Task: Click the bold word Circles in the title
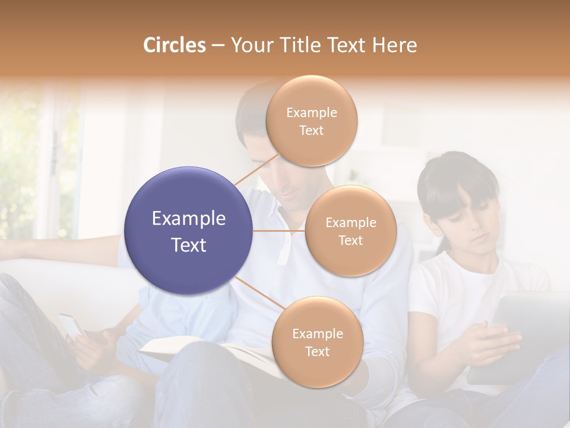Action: pyautogui.click(x=174, y=45)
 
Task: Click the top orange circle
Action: pyautogui.click(x=311, y=121)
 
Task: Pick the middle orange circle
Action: pyautogui.click(x=350, y=231)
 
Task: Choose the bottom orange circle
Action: pyautogui.click(x=317, y=342)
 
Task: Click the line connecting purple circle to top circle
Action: pyautogui.click(x=255, y=169)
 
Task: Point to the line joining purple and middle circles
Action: pyautogui.click(x=279, y=231)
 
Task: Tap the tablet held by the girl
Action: pyautogui.click(x=522, y=333)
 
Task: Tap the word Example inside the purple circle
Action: pyautogui.click(x=189, y=219)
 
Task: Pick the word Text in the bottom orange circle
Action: pyautogui.click(x=317, y=352)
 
